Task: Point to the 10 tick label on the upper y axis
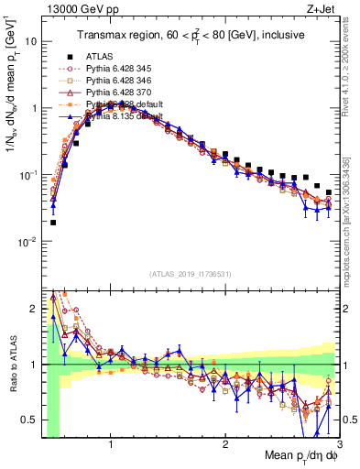click(x=30, y=42)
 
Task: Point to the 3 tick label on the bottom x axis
click(x=338, y=443)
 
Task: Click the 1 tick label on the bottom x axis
click(x=111, y=443)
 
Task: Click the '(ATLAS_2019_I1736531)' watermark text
click(x=190, y=274)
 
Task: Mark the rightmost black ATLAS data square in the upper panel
click(x=329, y=192)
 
